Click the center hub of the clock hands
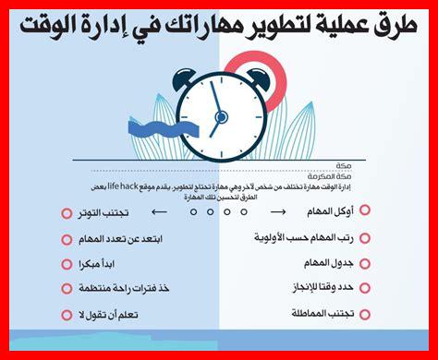[221, 117]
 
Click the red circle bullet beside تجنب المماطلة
[364, 314]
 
